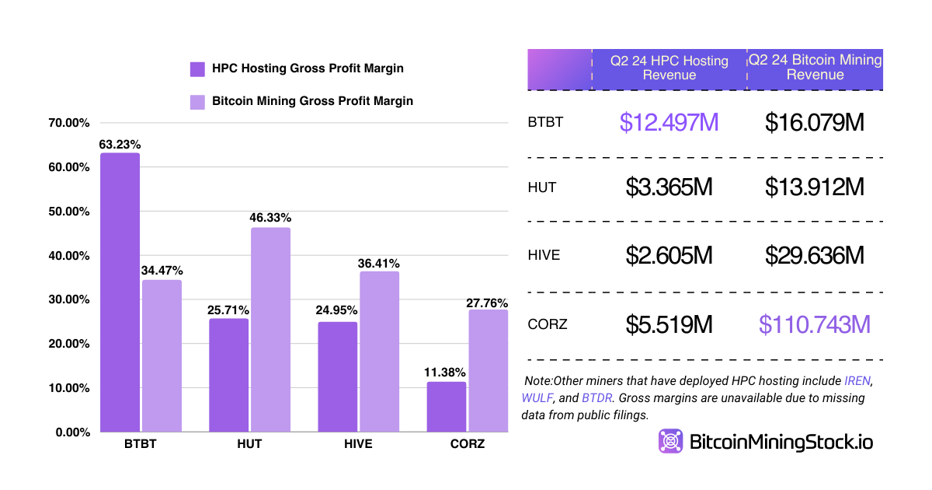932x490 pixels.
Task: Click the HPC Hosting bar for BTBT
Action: [x=120, y=292]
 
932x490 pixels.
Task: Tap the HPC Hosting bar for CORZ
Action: [x=447, y=407]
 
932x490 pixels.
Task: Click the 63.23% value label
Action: [x=120, y=144]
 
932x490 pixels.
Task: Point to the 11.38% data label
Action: [x=446, y=373]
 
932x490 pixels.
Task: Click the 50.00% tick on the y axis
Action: [x=68, y=212]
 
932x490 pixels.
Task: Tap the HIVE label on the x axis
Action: [x=357, y=444]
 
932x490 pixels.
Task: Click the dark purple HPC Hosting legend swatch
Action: [x=197, y=69]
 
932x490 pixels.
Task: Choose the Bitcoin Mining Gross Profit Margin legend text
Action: [x=312, y=101]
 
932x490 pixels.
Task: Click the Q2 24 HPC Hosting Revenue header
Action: [x=669, y=68]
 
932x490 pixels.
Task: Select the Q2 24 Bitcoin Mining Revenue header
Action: [x=815, y=68]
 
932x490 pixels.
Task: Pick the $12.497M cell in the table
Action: [x=669, y=122]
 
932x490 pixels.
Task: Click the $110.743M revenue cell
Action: [x=815, y=324]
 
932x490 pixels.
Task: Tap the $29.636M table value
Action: [x=815, y=256]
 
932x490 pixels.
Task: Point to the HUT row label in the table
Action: [x=542, y=187]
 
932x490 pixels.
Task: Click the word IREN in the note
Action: [x=858, y=381]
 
